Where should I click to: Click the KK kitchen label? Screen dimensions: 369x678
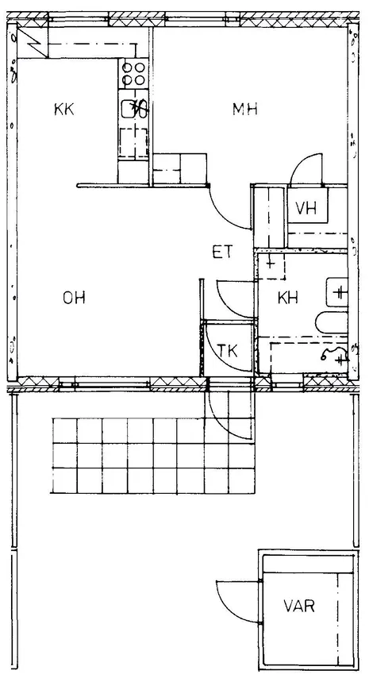tap(64, 109)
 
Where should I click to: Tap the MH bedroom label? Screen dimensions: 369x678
tap(245, 109)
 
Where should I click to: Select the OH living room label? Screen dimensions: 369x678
tap(74, 298)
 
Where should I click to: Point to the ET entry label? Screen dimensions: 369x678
tap(222, 252)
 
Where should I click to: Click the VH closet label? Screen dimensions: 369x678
tap(306, 208)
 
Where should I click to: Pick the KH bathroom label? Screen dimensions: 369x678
tap(288, 298)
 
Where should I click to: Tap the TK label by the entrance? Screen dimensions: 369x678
tap(228, 350)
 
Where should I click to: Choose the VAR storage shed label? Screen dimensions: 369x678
tap(299, 606)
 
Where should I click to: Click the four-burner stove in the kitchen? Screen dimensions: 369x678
tap(133, 74)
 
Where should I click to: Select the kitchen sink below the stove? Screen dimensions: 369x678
tap(134, 109)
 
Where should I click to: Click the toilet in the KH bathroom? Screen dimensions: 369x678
tap(332, 323)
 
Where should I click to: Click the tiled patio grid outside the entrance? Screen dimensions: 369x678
tap(153, 456)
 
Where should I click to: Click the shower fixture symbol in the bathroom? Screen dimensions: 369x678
tap(336, 356)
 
